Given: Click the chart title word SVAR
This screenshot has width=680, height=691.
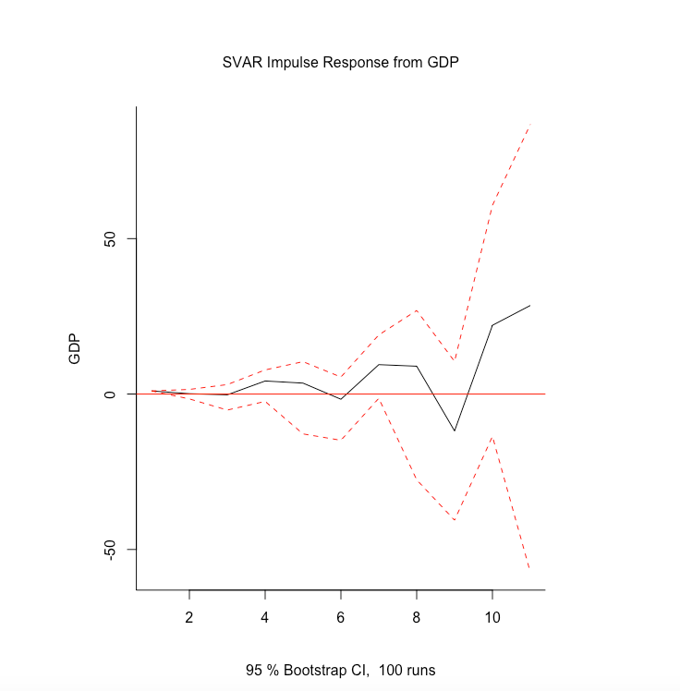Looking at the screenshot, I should point(241,64).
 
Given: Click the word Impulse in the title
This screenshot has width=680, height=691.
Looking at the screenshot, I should point(290,64).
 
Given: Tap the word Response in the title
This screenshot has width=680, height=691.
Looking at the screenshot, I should point(356,64).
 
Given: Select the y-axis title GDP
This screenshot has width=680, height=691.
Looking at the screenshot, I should point(76,347).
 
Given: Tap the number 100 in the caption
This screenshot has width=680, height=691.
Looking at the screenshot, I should point(392,670).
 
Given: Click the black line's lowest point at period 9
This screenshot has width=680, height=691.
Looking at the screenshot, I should point(455,430).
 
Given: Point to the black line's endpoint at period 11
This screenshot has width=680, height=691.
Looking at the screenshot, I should point(529,305).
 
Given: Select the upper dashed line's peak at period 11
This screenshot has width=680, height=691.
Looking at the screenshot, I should point(529,125).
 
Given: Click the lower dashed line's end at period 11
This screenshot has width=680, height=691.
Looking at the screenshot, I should point(529,568).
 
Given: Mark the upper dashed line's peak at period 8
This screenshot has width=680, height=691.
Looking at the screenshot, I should point(417,310).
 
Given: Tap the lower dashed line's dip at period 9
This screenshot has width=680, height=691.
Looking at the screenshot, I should point(455,520).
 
